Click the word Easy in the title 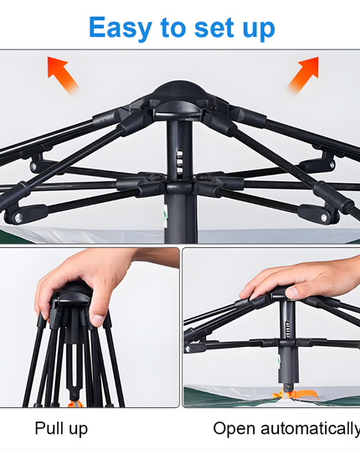point(121,28)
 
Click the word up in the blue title point(259,29)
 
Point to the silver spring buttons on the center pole point(180,162)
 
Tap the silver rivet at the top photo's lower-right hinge point(324,218)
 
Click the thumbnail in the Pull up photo point(98,320)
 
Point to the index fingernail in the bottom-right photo point(292,292)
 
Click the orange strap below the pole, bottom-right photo point(296,395)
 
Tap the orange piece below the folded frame point(75,404)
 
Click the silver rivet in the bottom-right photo point(188,349)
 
